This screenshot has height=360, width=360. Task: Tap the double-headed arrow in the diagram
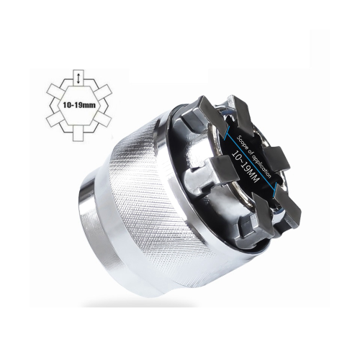(78, 79)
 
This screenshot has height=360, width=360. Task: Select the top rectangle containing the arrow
(78, 78)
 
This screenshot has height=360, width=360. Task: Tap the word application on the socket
(261, 164)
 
